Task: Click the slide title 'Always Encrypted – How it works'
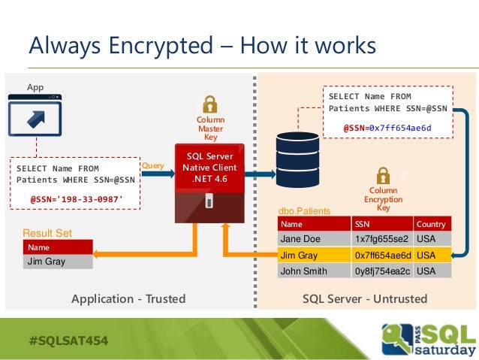tap(201, 46)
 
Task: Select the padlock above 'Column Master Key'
tap(210, 105)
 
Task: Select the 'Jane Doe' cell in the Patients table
tap(312, 239)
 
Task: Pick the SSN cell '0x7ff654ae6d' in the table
tap(381, 256)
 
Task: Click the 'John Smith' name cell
tap(312, 271)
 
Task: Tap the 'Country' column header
tap(432, 224)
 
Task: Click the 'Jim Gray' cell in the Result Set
tap(57, 262)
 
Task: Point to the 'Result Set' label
tap(47, 234)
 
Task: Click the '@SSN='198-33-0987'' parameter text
tap(76, 199)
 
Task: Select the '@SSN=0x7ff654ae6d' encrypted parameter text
tap(387, 128)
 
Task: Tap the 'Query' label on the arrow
tap(152, 165)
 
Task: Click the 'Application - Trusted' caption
tap(128, 299)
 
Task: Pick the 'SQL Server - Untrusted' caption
tap(365, 299)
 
